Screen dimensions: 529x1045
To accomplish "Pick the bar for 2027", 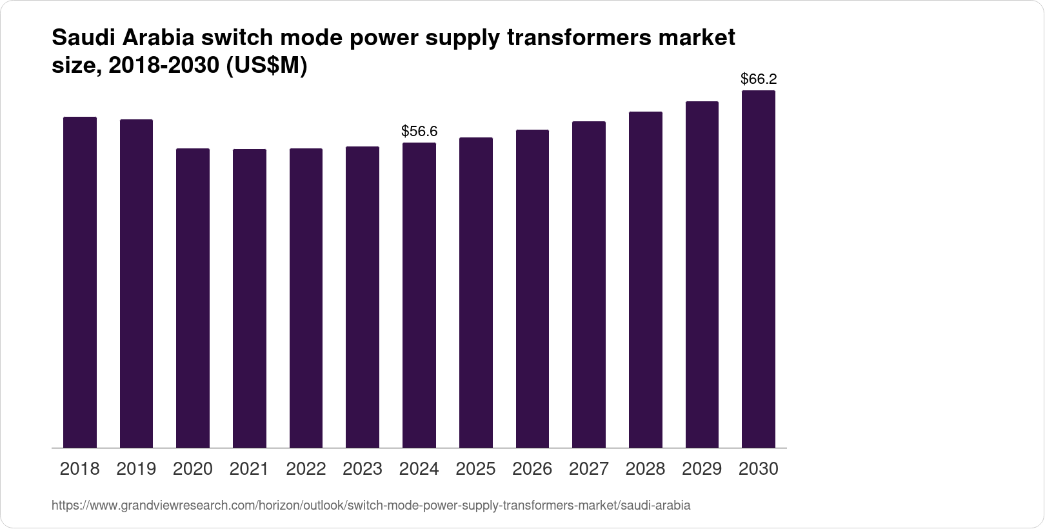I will tap(589, 284).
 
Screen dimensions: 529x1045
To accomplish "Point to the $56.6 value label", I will tap(419, 132).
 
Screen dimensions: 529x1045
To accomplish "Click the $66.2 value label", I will tap(759, 79).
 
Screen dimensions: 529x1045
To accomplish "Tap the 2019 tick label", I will tap(136, 469).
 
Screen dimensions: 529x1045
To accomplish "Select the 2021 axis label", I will tap(249, 469).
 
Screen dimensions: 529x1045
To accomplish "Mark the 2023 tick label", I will tap(363, 469).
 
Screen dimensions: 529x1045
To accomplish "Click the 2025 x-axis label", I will tap(475, 469).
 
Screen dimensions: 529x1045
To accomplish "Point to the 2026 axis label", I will tap(532, 469).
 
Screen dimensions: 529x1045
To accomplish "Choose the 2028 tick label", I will tap(645, 469).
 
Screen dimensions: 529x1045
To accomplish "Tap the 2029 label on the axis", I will tap(702, 469).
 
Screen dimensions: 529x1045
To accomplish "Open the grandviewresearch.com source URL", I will tap(371, 505).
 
